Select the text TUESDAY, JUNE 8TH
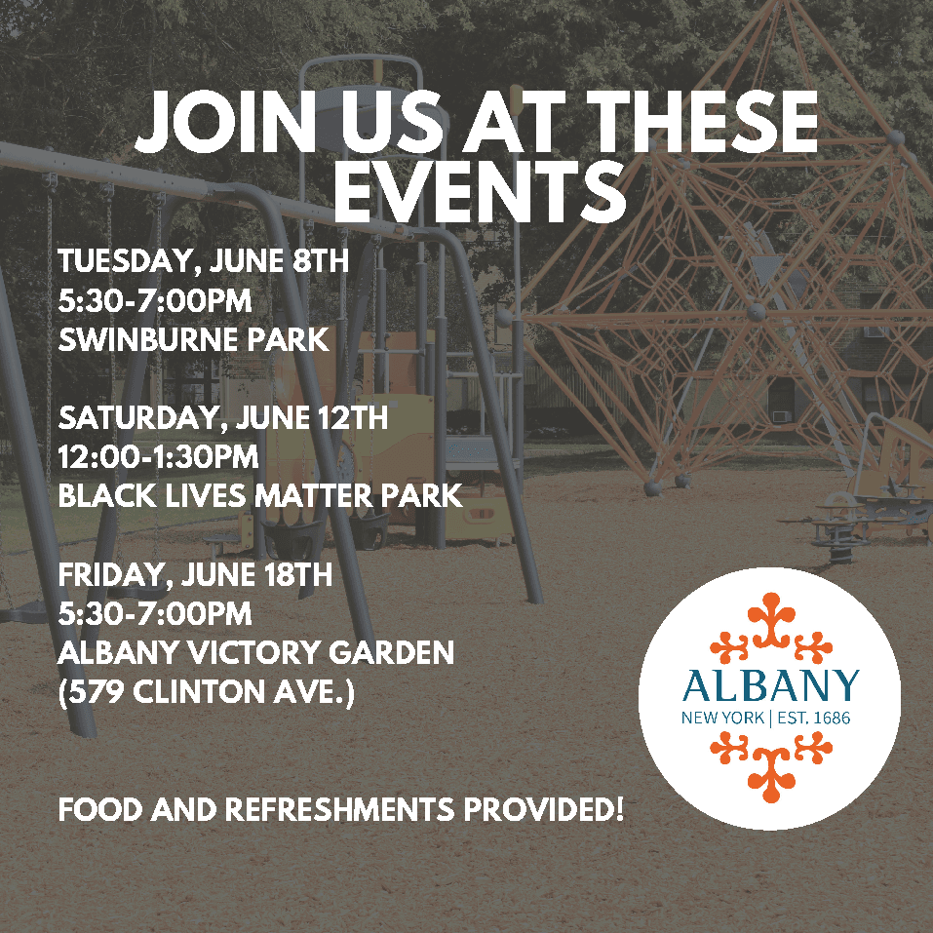[203, 263]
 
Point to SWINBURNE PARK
[193, 341]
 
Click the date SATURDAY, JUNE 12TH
[223, 418]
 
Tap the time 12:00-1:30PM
[158, 457]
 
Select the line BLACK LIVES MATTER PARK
[259, 496]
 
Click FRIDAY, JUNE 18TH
[195, 575]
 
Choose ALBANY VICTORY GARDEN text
[255, 652]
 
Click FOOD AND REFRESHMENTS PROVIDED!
[340, 810]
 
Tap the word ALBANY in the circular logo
[770, 686]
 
